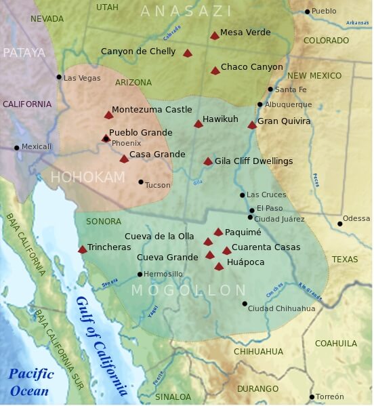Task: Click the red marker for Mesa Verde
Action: pyautogui.click(x=215, y=35)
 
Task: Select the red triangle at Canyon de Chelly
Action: pyautogui.click(x=188, y=53)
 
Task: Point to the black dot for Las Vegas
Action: pyautogui.click(x=59, y=77)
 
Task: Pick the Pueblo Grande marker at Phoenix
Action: pyautogui.click(x=106, y=138)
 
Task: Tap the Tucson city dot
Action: pyautogui.click(x=141, y=182)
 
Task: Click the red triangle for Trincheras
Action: pyautogui.click(x=83, y=249)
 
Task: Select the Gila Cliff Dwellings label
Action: pyautogui.click(x=253, y=161)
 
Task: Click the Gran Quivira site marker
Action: pyautogui.click(x=252, y=125)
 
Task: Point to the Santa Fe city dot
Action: pyautogui.click(x=270, y=89)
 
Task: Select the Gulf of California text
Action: pyautogui.click(x=102, y=346)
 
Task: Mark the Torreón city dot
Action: pyautogui.click(x=312, y=397)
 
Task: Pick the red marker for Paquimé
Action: pyautogui.click(x=218, y=232)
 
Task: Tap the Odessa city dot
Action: pyautogui.click(x=339, y=224)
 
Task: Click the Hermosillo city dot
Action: pyautogui.click(x=140, y=274)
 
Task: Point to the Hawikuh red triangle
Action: pyautogui.click(x=199, y=123)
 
